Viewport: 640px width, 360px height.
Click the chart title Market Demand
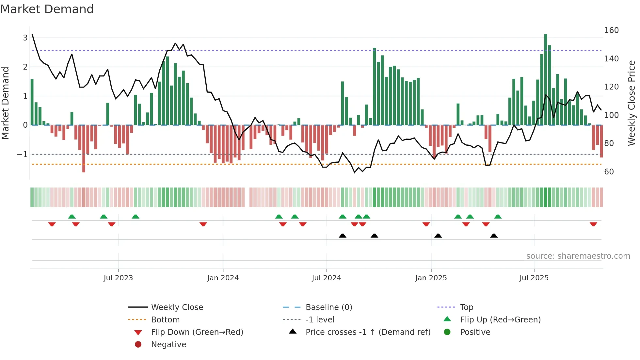pyautogui.click(x=47, y=9)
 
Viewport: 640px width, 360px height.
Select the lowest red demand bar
pyautogui.click(x=84, y=149)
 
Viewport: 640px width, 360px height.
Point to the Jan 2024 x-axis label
pyautogui.click(x=223, y=278)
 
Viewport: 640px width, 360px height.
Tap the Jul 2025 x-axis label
pyautogui.click(x=534, y=278)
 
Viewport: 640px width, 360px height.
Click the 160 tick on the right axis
pyautogui.click(x=611, y=30)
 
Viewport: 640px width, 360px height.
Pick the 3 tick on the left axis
pyautogui.click(x=25, y=38)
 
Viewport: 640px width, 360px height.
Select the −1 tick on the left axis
pyautogui.click(x=22, y=155)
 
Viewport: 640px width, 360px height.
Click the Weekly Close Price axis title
pyautogui.click(x=632, y=103)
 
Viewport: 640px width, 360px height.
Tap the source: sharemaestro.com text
pyautogui.click(x=578, y=256)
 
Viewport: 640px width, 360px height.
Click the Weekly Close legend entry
pyautogui.click(x=177, y=307)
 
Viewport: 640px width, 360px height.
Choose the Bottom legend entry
pyautogui.click(x=165, y=320)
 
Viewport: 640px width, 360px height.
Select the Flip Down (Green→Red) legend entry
pyautogui.click(x=197, y=332)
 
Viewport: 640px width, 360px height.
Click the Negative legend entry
pyautogui.click(x=168, y=345)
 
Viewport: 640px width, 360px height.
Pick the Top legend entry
pyautogui.click(x=467, y=307)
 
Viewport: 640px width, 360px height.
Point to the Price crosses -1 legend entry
pyautogui.click(x=368, y=332)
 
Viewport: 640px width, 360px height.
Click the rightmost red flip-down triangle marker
pyautogui.click(x=593, y=224)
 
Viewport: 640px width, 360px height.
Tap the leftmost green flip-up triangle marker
pyautogui.click(x=72, y=217)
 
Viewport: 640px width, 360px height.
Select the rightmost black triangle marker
pyautogui.click(x=494, y=236)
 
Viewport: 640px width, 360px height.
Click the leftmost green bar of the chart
pyautogui.click(x=32, y=102)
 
